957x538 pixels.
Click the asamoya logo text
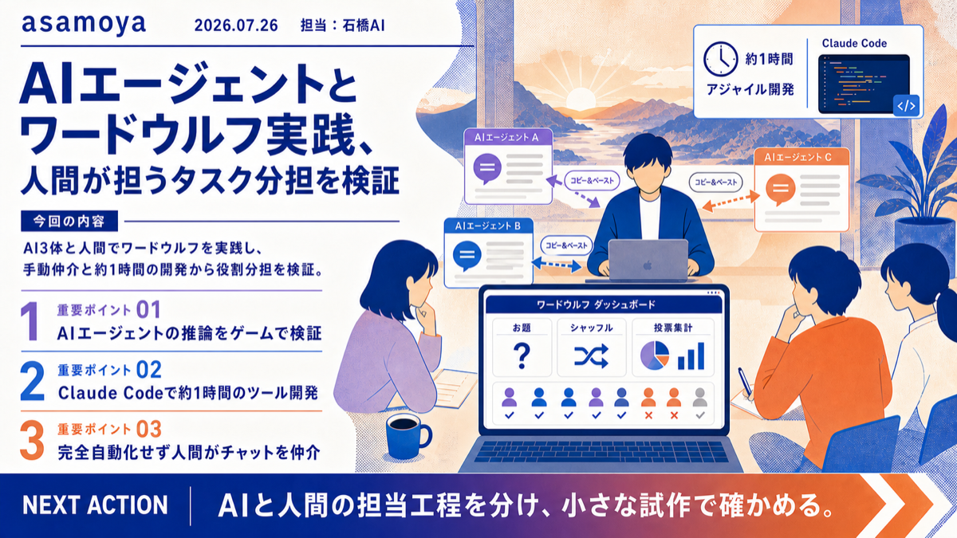coord(84,25)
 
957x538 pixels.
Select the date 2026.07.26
coord(236,26)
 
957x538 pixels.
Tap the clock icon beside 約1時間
coord(721,59)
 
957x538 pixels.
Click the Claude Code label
coord(854,43)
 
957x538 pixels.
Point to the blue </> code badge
coord(906,105)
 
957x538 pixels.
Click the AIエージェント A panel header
coord(508,137)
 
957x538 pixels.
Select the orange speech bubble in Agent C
coord(781,189)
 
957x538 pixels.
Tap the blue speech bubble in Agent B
coord(467,255)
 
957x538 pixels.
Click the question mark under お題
coord(522,356)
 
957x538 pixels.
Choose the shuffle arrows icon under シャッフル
coord(591,356)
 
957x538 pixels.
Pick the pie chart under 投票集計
coord(655,355)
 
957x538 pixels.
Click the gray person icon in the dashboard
coord(699,398)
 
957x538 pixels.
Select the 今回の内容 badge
coord(69,222)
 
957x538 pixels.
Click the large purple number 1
coord(30,320)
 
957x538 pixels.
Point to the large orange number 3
coord(32,440)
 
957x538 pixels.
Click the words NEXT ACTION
coord(95,505)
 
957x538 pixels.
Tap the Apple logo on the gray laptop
coord(648,265)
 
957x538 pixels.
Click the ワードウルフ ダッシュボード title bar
coord(604,304)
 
